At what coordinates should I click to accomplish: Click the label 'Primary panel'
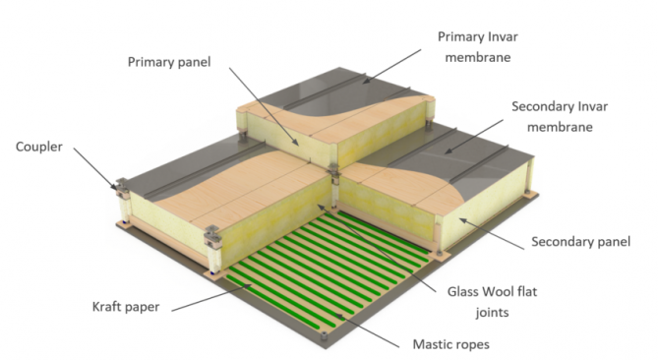(x=169, y=62)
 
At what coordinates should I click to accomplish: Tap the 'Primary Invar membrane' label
(x=478, y=46)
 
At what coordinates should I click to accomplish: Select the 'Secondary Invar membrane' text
(x=560, y=116)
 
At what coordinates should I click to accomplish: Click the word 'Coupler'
(x=39, y=147)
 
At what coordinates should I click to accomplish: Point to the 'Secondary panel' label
(x=580, y=241)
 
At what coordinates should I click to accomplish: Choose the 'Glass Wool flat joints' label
(x=492, y=301)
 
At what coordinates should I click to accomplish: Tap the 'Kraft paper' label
(x=126, y=307)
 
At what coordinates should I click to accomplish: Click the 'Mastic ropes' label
(x=451, y=344)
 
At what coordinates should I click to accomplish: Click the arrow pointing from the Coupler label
(x=95, y=169)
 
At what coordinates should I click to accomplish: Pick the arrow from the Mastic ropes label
(x=368, y=330)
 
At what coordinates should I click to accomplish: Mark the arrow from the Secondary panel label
(x=492, y=233)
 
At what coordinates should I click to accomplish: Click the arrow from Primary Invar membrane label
(x=391, y=66)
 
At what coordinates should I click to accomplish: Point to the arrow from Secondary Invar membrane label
(x=474, y=137)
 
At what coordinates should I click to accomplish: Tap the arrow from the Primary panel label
(x=265, y=106)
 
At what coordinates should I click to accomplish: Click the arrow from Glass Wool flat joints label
(x=378, y=248)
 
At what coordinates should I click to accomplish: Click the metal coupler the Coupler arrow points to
(x=122, y=188)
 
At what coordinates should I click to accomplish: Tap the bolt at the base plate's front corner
(x=324, y=335)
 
